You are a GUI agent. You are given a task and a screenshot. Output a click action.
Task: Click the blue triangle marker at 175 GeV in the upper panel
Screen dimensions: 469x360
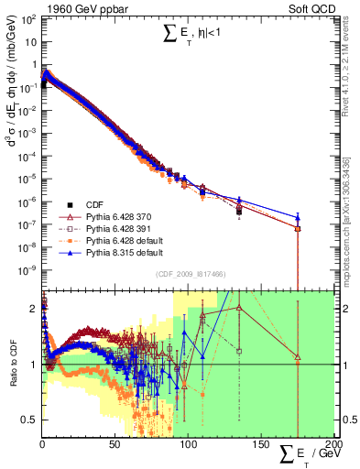(x=297, y=217)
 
